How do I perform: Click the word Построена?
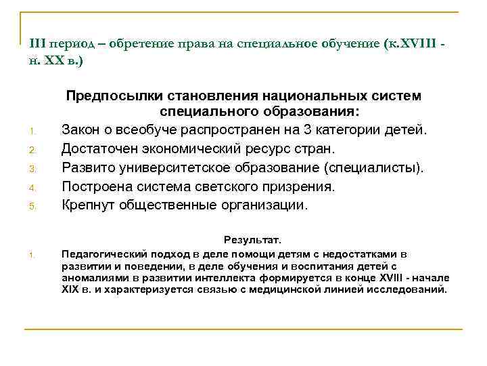pos(96,186)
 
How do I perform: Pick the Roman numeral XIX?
pos(70,289)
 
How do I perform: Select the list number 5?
pos(32,206)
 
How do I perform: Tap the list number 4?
pos(32,188)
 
